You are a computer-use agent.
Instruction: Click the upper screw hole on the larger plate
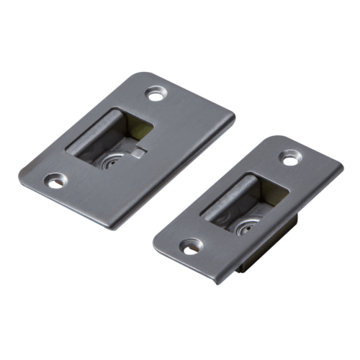(155, 93)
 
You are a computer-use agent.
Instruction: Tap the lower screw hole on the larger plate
(55, 180)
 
